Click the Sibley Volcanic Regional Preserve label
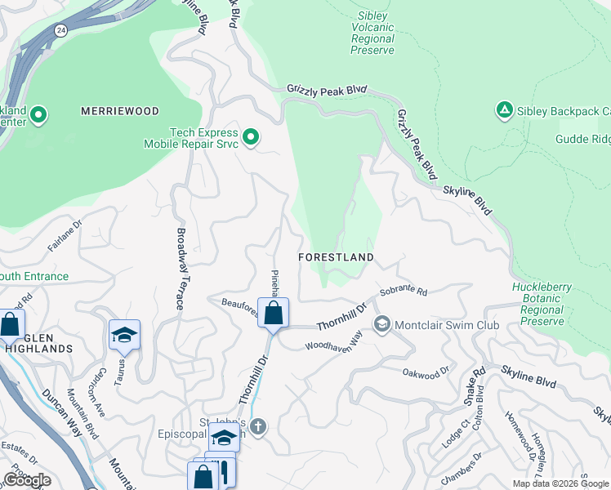tap(372, 33)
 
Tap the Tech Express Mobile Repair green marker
tap(252, 137)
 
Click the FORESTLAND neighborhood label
tap(336, 256)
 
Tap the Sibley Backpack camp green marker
tap(504, 110)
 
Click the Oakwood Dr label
tap(426, 372)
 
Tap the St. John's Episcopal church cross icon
tap(258, 426)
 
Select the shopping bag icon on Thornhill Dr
tap(273, 313)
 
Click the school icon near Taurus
tap(124, 334)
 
